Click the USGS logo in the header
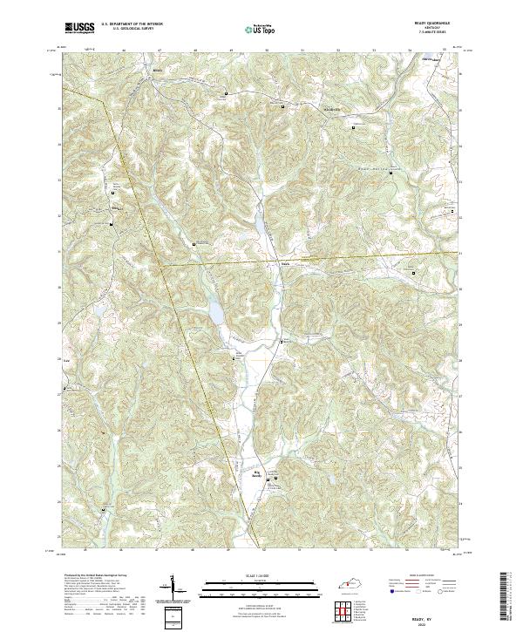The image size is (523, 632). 79,28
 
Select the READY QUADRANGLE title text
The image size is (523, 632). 445,24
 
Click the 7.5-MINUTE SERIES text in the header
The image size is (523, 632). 445,33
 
